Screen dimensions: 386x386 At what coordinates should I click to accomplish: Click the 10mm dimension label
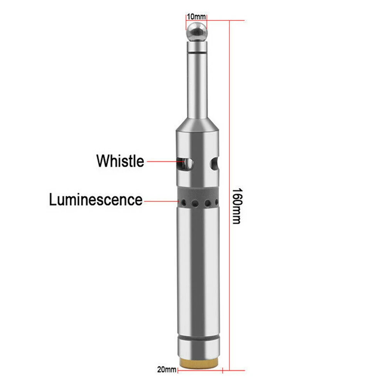pos(196,17)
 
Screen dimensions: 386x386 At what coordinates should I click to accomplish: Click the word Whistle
pos(120,161)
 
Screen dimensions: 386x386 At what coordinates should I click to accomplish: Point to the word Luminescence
pos(96,200)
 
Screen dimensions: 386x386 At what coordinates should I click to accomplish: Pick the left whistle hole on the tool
pos(185,164)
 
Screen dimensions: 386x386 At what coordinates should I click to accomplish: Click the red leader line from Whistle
pos(162,161)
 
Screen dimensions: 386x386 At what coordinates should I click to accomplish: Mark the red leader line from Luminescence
pos(160,200)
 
